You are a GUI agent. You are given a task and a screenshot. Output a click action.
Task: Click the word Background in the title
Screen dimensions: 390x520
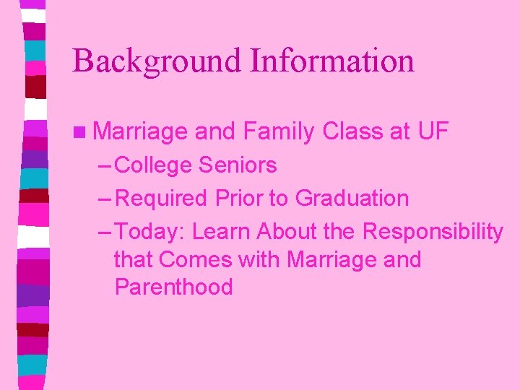coord(157,61)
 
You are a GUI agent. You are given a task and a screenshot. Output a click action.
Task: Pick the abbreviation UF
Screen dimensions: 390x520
coord(433,131)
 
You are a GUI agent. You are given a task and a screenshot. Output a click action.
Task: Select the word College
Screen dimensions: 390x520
coord(153,165)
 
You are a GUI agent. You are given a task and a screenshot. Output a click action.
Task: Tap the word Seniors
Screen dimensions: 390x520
coord(238,165)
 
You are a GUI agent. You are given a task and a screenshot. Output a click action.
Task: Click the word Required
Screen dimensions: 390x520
coord(162,198)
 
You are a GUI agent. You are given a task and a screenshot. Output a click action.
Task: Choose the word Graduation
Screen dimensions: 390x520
coord(352,199)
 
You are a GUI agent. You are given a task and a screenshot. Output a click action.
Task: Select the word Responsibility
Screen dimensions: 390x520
coord(433,233)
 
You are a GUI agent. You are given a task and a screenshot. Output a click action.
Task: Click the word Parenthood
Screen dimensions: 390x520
coord(173,287)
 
